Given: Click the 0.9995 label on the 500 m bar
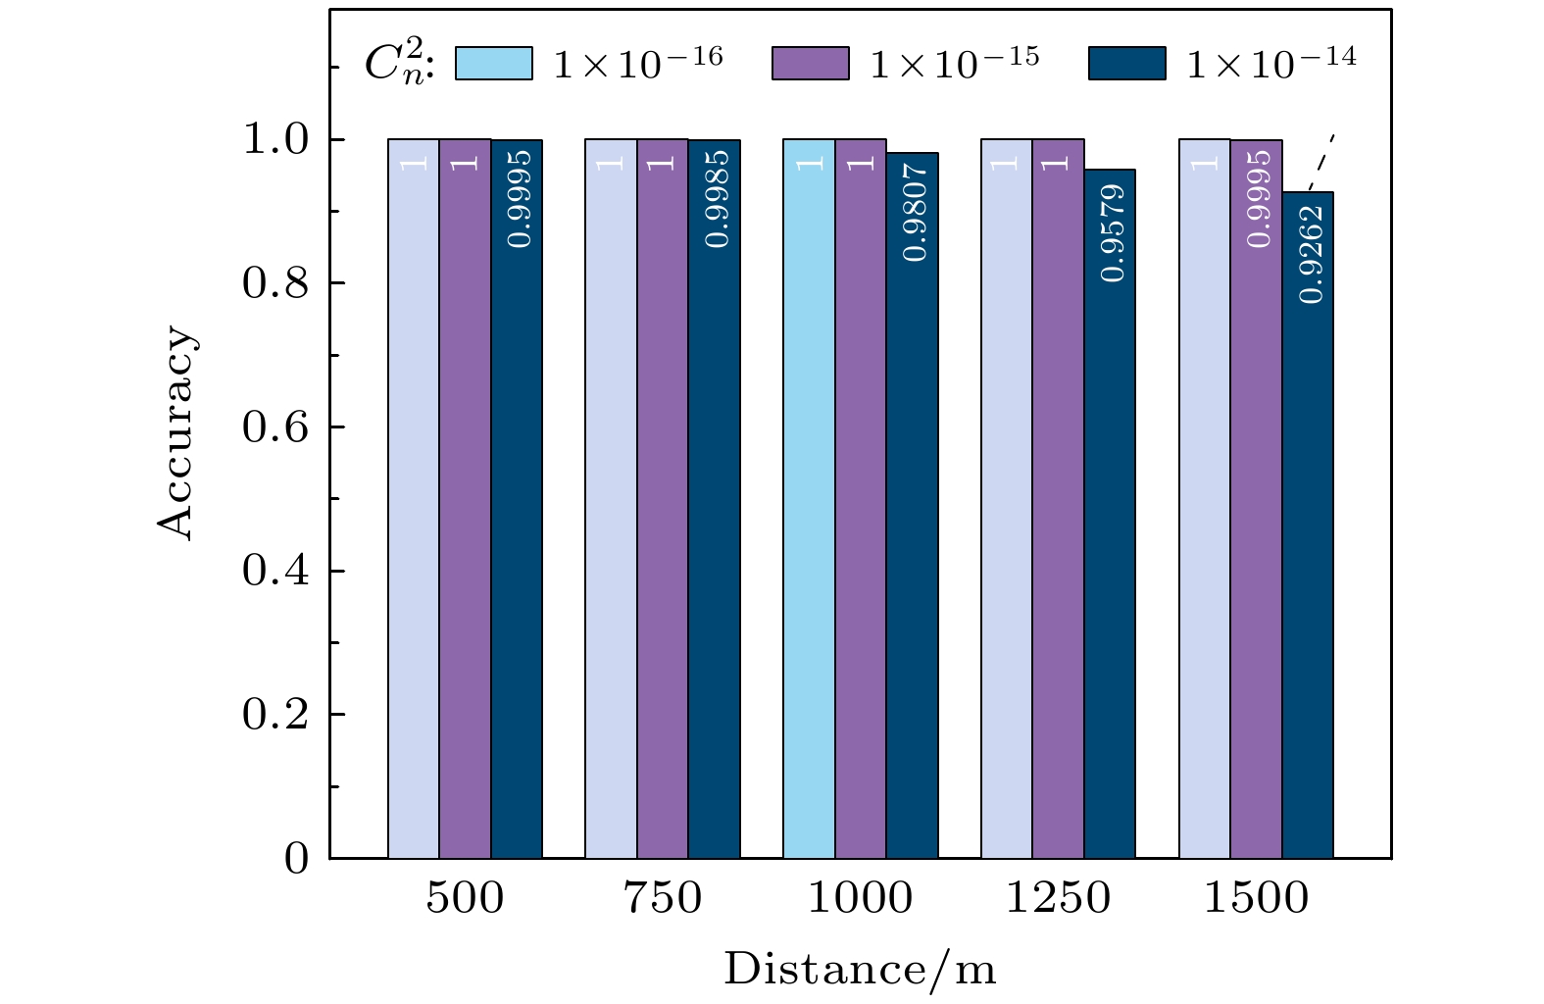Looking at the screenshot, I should (x=520, y=199).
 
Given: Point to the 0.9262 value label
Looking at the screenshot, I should (x=1311, y=254).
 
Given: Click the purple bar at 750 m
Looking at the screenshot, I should (x=663, y=500).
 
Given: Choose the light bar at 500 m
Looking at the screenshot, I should (x=414, y=500).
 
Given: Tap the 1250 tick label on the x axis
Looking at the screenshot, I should (x=1059, y=898).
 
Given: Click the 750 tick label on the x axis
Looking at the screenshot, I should (x=664, y=898).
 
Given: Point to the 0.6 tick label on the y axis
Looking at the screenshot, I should (x=274, y=428).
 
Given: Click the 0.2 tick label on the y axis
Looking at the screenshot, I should (x=274, y=716).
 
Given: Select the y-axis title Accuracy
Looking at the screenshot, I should (x=177, y=432).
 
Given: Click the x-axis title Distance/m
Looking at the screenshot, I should (x=860, y=970).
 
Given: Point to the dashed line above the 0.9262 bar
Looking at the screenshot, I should (x=1322, y=159).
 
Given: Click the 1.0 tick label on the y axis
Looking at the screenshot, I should (x=274, y=141).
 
